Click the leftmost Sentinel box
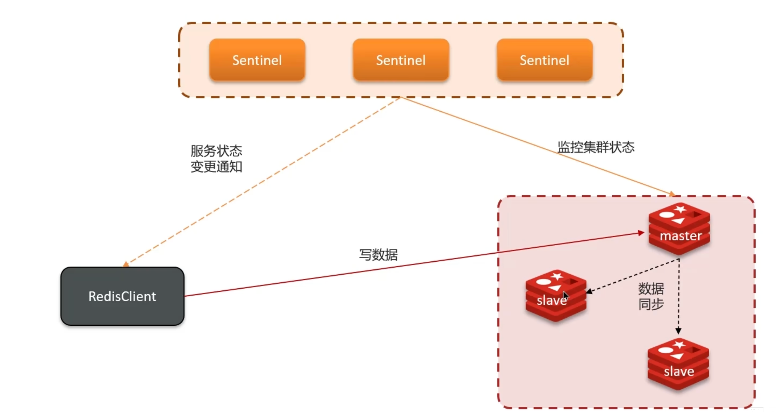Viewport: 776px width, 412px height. [x=257, y=60]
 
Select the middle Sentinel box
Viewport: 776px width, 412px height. [x=401, y=60]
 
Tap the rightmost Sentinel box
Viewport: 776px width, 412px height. [x=545, y=60]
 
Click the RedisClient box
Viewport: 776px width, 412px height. [x=122, y=296]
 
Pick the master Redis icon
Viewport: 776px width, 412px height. [x=679, y=229]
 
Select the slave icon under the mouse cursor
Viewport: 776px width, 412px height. [x=556, y=296]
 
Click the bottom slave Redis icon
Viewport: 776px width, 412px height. [x=678, y=364]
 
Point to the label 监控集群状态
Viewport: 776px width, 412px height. [x=596, y=147]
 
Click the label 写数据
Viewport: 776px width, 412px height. [x=378, y=255]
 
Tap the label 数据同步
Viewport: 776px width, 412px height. [x=651, y=296]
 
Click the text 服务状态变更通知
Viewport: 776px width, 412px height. [x=216, y=159]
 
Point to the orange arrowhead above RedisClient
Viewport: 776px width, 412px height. [x=126, y=265]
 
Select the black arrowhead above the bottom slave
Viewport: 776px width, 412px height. [x=678, y=331]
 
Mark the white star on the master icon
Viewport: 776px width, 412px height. [x=680, y=209]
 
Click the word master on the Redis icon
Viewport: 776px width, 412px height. [x=681, y=236]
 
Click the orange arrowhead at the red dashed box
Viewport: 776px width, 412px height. [x=672, y=194]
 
